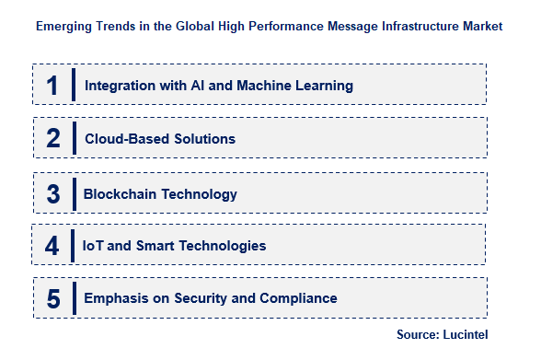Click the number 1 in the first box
[52, 86]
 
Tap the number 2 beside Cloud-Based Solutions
[52, 139]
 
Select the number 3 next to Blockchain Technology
[52, 193]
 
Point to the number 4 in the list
[52, 246]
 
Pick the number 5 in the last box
[52, 298]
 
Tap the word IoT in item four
[94, 246]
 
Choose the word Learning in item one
[324, 87]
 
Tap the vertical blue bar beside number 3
[72, 193]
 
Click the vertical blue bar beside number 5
[72, 298]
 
